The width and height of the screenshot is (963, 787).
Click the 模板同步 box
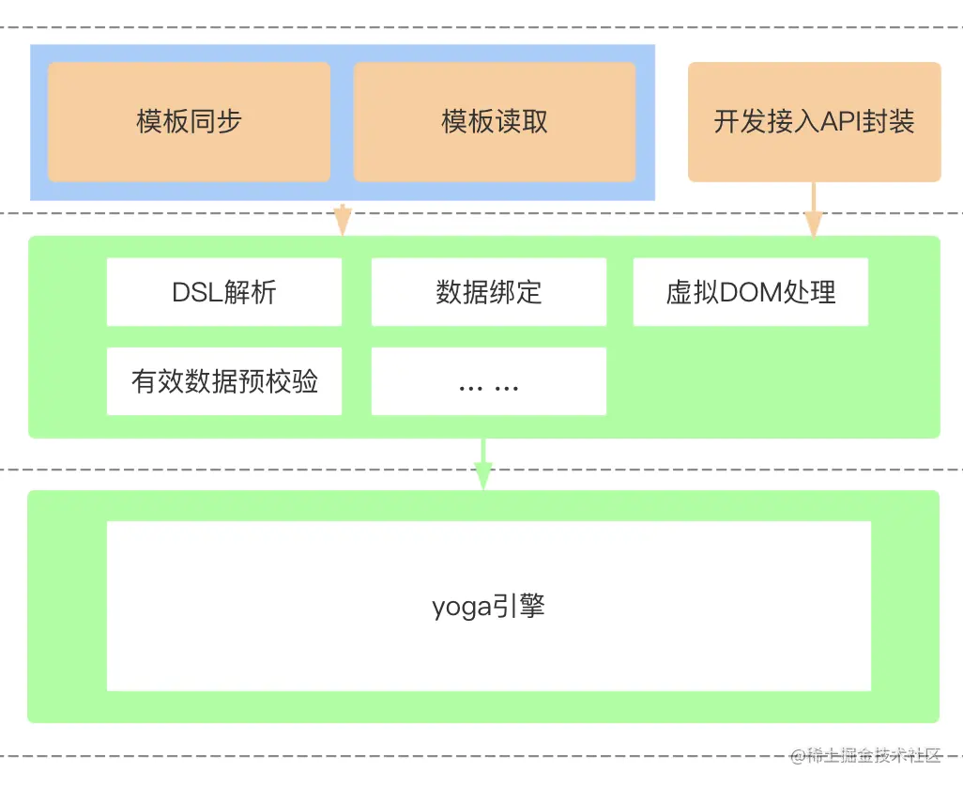[189, 122]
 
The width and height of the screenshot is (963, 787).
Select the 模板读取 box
[495, 122]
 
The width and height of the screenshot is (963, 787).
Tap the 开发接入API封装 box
[814, 122]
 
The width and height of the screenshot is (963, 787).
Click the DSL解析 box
[224, 292]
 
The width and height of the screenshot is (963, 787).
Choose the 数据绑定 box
[489, 292]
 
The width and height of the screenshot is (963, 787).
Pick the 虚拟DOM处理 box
[750, 292]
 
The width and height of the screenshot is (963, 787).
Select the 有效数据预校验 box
[224, 381]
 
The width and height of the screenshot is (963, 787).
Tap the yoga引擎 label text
[488, 606]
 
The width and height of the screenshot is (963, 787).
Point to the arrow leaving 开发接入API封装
[813, 211]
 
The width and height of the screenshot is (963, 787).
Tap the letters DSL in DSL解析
[194, 292]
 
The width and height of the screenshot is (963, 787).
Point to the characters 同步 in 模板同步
[216, 122]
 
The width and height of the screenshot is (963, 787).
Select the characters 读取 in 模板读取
[522, 122]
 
